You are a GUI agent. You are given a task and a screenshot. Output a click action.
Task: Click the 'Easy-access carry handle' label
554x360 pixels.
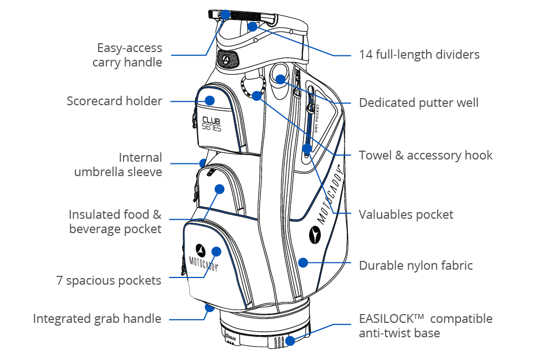click(127, 55)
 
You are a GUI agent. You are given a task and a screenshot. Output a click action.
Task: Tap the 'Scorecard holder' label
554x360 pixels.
click(114, 101)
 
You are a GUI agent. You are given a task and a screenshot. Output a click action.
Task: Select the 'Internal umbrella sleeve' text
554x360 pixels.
click(118, 164)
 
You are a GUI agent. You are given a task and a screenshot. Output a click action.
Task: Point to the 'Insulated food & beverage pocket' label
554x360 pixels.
click(115, 222)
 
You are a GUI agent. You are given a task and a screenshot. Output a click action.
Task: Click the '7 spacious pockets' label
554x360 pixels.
click(109, 280)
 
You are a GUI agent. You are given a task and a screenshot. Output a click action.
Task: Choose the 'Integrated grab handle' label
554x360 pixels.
click(97, 318)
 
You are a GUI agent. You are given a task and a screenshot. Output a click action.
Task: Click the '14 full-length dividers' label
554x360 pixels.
click(419, 54)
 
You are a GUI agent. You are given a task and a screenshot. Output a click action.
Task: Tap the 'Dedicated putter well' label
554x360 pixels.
click(418, 102)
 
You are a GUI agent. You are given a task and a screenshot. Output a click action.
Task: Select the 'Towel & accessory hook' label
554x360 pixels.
click(425, 155)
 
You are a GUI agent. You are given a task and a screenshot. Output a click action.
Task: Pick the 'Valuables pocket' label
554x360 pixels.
click(406, 214)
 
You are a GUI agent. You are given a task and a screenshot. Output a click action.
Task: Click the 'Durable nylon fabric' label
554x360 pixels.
click(416, 265)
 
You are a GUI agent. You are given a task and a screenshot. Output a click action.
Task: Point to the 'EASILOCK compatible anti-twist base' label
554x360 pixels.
click(425, 326)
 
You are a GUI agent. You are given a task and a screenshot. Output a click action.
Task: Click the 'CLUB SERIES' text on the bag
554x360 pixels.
click(211, 124)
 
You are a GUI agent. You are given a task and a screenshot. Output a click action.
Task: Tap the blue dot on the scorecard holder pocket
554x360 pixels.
click(209, 100)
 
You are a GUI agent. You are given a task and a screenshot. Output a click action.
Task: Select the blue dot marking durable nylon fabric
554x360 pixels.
click(302, 262)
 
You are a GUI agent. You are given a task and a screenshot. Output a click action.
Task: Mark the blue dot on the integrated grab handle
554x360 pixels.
click(209, 307)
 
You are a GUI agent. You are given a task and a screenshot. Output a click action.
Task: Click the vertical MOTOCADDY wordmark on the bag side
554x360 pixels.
click(330, 194)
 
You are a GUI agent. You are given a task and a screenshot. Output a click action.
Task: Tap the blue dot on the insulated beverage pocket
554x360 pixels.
click(219, 189)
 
